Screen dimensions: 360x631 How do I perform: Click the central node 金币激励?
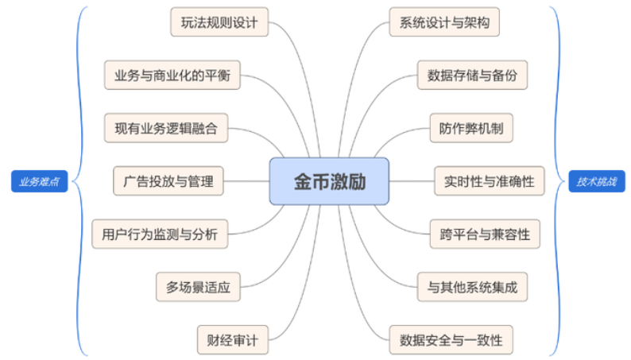[x=329, y=180]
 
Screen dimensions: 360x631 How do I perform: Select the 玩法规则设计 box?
[x=219, y=22]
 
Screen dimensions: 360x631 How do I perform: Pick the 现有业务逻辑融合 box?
[x=166, y=128]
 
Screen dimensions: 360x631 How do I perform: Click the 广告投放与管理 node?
[x=168, y=180]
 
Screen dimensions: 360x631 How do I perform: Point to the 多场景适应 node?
[x=198, y=287]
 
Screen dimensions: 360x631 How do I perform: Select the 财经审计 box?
[x=233, y=339]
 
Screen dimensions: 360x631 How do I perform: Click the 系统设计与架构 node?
[x=444, y=22]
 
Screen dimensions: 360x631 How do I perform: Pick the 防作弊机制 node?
[x=471, y=128]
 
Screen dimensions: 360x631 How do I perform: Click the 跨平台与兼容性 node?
[x=484, y=234]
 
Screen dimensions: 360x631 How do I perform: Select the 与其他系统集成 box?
[x=472, y=287]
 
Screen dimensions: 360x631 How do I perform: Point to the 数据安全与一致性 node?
[x=451, y=339]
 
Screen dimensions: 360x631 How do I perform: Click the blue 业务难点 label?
[x=39, y=181]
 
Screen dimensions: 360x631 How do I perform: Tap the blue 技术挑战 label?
[x=596, y=181]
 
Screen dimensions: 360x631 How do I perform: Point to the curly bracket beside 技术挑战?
[x=556, y=181]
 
